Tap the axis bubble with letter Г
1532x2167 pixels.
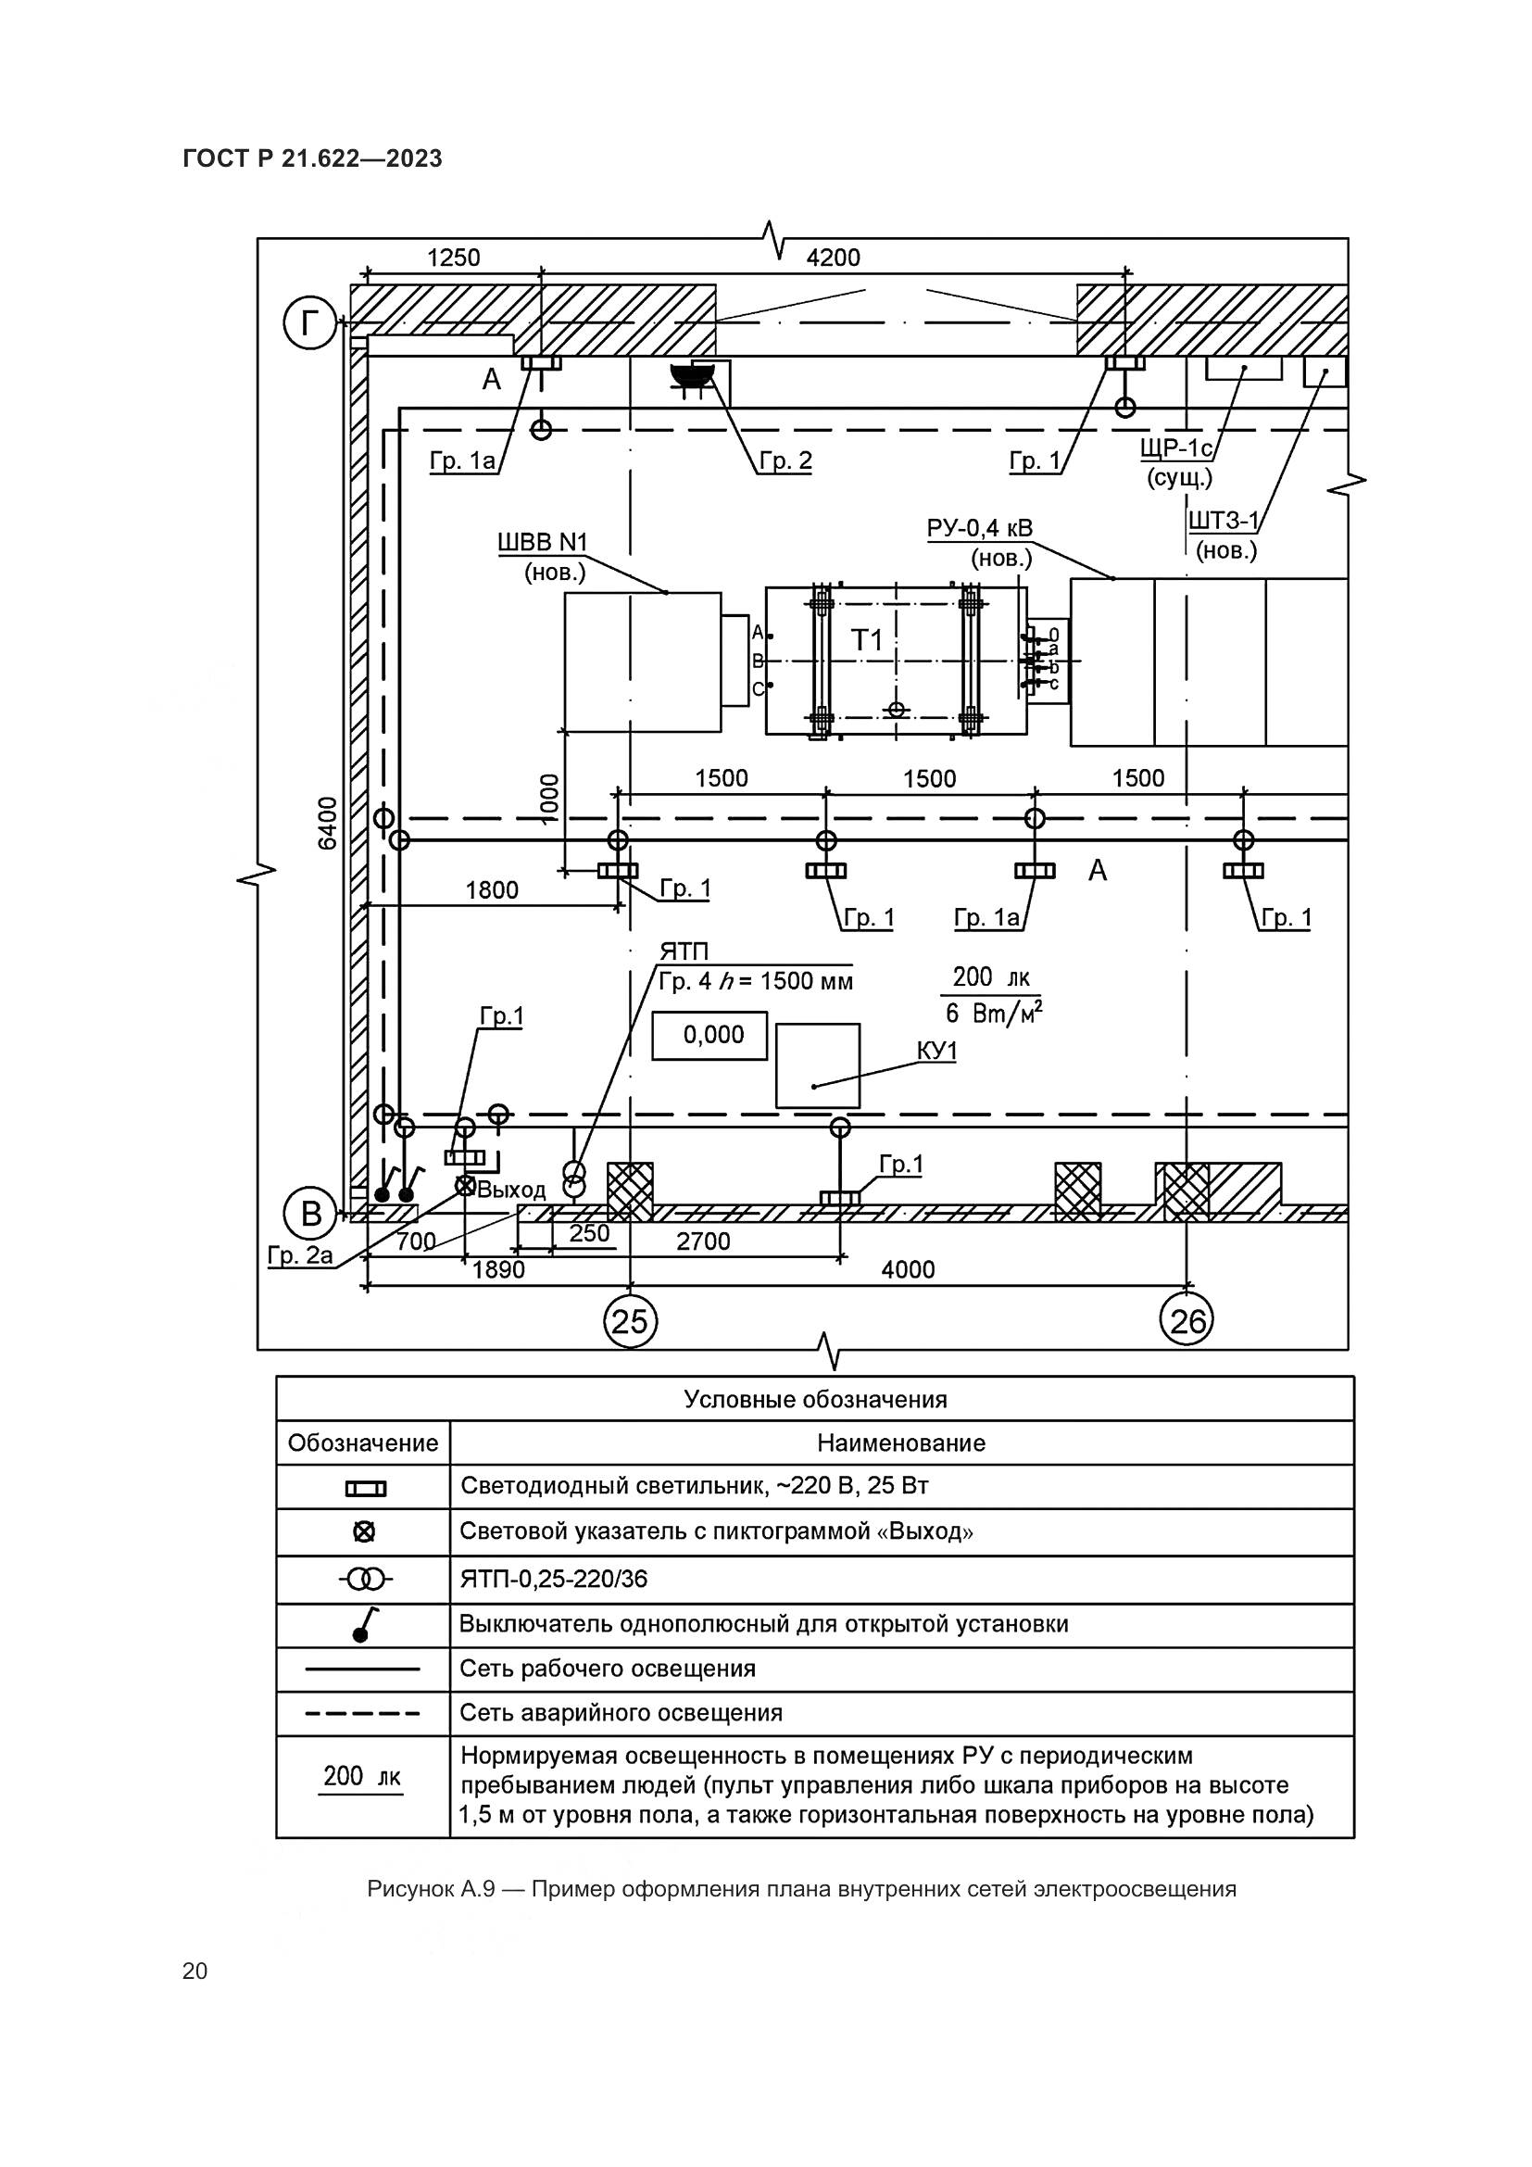click(x=309, y=324)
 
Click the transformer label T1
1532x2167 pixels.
click(x=867, y=641)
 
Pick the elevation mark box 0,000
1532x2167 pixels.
click(x=710, y=1036)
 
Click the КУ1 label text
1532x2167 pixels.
click(x=936, y=1052)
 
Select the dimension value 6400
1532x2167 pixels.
click(x=327, y=823)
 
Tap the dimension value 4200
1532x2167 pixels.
click(x=833, y=258)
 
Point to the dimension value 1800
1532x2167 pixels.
click(x=492, y=890)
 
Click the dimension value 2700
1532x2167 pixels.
click(x=703, y=1241)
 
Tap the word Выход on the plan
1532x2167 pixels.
click(x=511, y=1190)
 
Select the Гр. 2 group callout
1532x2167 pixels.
click(x=785, y=461)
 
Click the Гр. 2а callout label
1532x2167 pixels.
click(x=300, y=1255)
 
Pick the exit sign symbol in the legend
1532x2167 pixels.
click(x=363, y=1531)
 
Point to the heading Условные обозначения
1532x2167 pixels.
click(x=815, y=1399)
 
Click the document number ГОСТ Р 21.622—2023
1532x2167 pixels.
click(x=312, y=158)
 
